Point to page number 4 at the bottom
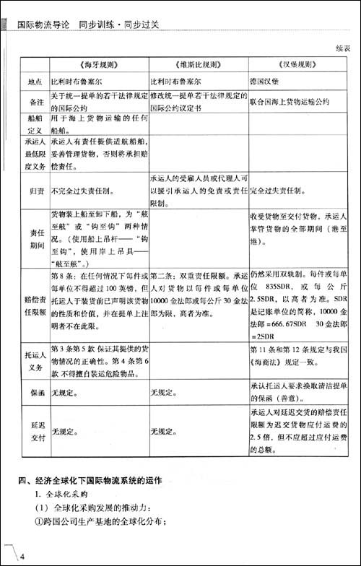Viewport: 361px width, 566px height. coord(22,555)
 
